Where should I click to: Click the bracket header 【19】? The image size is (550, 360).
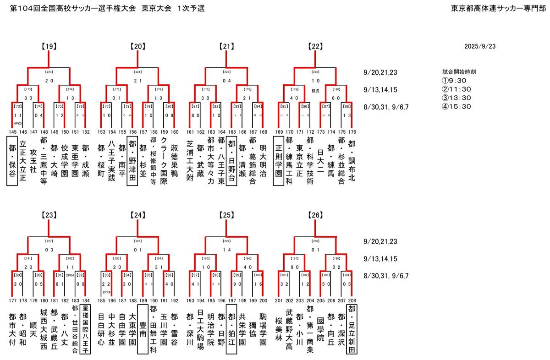[49, 46]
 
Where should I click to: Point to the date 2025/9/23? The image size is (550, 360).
[479, 46]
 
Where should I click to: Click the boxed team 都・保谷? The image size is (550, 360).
[12, 163]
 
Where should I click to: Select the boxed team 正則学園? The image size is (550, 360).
[279, 163]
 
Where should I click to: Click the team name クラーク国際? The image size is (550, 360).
[164, 163]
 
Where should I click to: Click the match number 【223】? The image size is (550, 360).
[49, 72]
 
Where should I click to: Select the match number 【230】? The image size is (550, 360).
[315, 240]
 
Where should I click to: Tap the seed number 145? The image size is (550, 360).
[12, 132]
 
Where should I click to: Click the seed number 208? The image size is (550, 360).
[352, 300]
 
